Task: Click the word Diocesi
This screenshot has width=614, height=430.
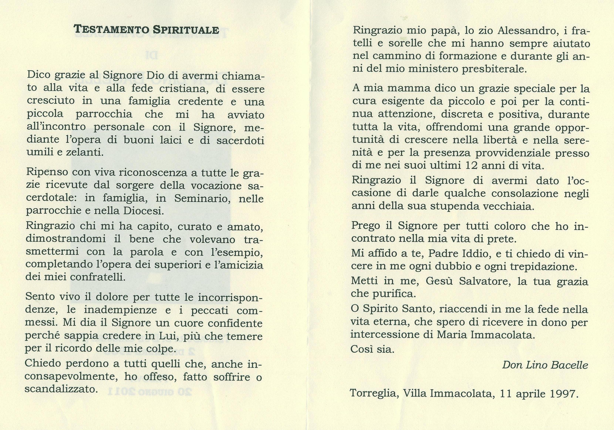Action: click(x=143, y=211)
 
